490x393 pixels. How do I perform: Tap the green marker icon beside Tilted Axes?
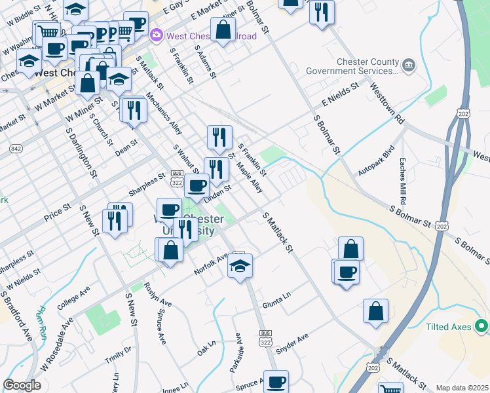tap(482, 325)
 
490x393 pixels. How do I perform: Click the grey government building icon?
tap(409, 64)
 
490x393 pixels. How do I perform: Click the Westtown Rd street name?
tap(386, 103)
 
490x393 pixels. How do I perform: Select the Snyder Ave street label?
tap(292, 344)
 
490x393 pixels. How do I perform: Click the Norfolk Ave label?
tap(210, 265)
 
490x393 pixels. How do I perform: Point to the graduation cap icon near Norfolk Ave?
tap(240, 266)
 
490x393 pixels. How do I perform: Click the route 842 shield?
tap(16, 149)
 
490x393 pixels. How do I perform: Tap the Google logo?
tap(22, 385)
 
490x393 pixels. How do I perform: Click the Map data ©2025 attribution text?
tap(462, 388)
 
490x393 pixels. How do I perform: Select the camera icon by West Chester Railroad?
tap(157, 35)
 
